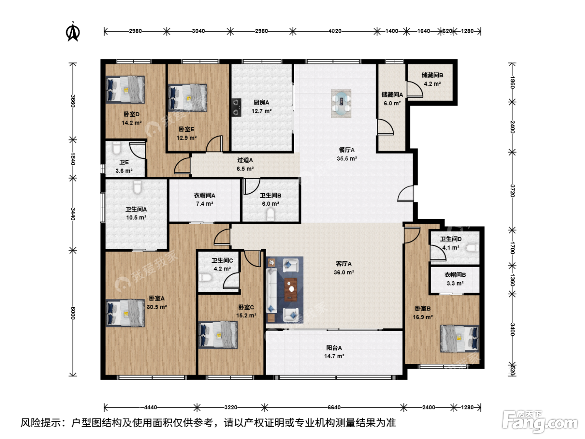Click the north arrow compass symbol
[x=72, y=32]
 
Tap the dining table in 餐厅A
[x=341, y=103]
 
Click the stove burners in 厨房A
[x=236, y=107]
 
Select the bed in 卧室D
[x=125, y=89]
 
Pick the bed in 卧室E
[x=188, y=98]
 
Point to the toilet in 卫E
[x=117, y=148]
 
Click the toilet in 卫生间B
[x=270, y=215]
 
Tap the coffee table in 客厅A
[x=291, y=290]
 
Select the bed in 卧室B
[x=460, y=339]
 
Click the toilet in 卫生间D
[x=472, y=248]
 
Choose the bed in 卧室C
[x=218, y=334]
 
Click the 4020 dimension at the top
[x=335, y=31]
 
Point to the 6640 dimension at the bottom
[x=334, y=407]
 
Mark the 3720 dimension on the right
[x=513, y=191]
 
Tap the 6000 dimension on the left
[x=73, y=313]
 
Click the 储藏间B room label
[x=432, y=75]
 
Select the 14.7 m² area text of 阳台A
[x=334, y=356]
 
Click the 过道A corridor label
[x=245, y=160]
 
